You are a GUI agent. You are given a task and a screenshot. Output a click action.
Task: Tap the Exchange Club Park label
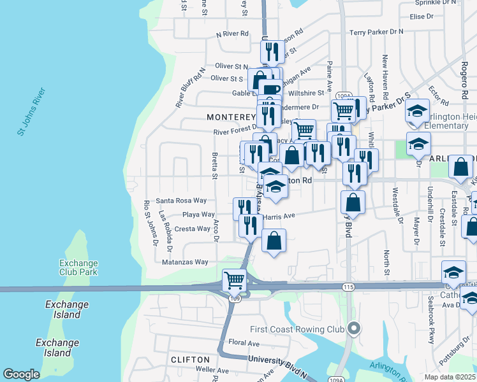click(78, 267)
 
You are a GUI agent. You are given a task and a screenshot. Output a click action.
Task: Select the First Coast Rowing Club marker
click(355, 329)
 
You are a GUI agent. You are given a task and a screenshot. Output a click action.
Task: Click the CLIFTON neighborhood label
click(191, 360)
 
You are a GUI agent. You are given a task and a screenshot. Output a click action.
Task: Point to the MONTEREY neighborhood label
click(230, 118)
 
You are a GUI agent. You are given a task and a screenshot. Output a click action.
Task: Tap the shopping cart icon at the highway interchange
click(234, 279)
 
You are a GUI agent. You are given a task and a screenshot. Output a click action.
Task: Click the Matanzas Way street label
click(185, 262)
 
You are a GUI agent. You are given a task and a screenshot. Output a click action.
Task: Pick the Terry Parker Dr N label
click(377, 31)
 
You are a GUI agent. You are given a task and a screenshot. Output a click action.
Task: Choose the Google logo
click(22, 374)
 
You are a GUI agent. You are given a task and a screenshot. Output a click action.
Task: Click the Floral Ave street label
click(244, 343)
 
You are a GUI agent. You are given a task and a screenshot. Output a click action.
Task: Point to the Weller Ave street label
click(212, 370)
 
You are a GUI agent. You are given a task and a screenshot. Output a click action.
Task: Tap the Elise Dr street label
click(422, 17)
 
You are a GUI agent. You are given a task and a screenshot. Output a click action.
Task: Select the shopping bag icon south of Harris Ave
click(274, 241)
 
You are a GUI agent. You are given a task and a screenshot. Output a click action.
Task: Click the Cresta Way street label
click(192, 229)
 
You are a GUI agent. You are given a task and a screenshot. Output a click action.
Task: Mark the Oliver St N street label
click(231, 66)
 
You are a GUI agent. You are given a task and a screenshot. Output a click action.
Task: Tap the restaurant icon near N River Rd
click(273, 50)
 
